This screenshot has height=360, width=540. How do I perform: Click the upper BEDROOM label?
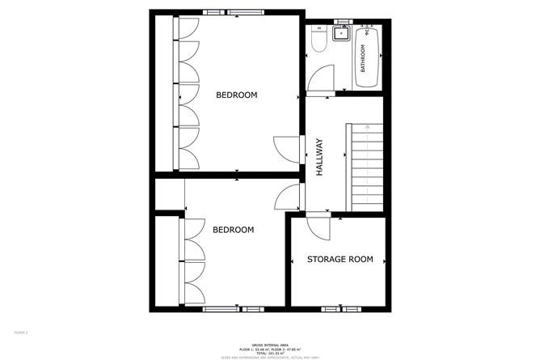click(x=236, y=95)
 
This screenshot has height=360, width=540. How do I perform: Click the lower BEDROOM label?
click(x=233, y=230)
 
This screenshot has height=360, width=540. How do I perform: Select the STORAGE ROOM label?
click(x=340, y=260)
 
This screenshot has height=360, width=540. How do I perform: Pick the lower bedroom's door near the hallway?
click(x=288, y=196)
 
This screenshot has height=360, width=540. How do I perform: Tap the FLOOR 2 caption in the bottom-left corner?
click(x=21, y=332)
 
